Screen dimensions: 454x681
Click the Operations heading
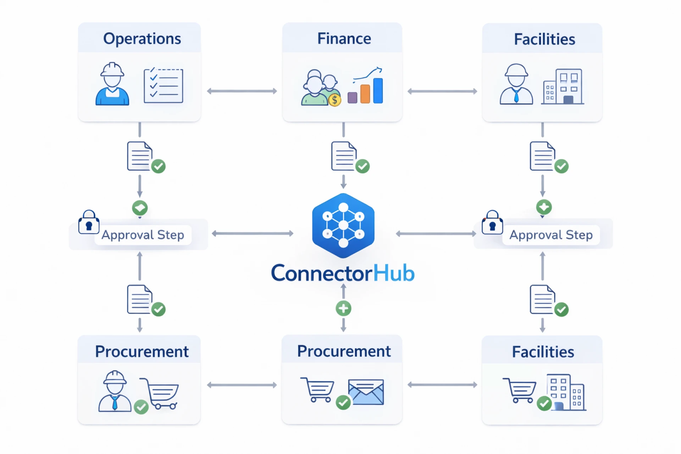tap(142, 39)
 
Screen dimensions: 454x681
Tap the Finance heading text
tap(344, 39)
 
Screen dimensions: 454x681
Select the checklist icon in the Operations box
tap(163, 86)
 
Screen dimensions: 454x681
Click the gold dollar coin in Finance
tap(334, 100)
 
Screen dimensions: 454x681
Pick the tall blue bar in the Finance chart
tap(378, 91)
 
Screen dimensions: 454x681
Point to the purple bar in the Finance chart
tap(352, 98)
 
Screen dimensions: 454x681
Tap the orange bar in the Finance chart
tap(365, 94)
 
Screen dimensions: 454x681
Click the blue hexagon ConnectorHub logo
tap(343, 225)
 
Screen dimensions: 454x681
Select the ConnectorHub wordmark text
tap(343, 273)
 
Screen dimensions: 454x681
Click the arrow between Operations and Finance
tap(242, 91)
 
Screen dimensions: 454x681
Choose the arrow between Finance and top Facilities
tap(442, 91)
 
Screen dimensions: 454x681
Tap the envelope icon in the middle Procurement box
tap(366, 392)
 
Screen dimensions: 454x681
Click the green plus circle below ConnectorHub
tap(343, 308)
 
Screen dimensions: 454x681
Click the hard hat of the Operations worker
tap(112, 69)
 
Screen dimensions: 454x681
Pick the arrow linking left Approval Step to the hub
tap(253, 233)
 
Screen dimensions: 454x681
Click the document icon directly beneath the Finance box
tap(344, 156)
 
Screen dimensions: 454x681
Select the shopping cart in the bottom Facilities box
tap(520, 390)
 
